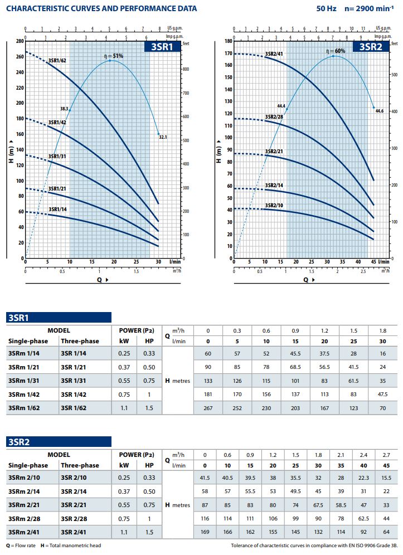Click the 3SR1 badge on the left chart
[x=162, y=47]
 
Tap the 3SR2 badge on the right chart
[x=371, y=47]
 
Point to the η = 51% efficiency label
[x=114, y=56]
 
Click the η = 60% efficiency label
[x=336, y=51]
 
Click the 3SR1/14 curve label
[x=57, y=210]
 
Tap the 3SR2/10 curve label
[x=274, y=205]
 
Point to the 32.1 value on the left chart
[x=163, y=137]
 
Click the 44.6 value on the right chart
[x=380, y=111]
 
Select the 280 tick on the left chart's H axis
[x=20, y=41]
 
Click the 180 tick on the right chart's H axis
[x=228, y=41]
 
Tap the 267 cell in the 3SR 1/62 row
[x=209, y=407]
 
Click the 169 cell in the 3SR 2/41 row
[x=205, y=532]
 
